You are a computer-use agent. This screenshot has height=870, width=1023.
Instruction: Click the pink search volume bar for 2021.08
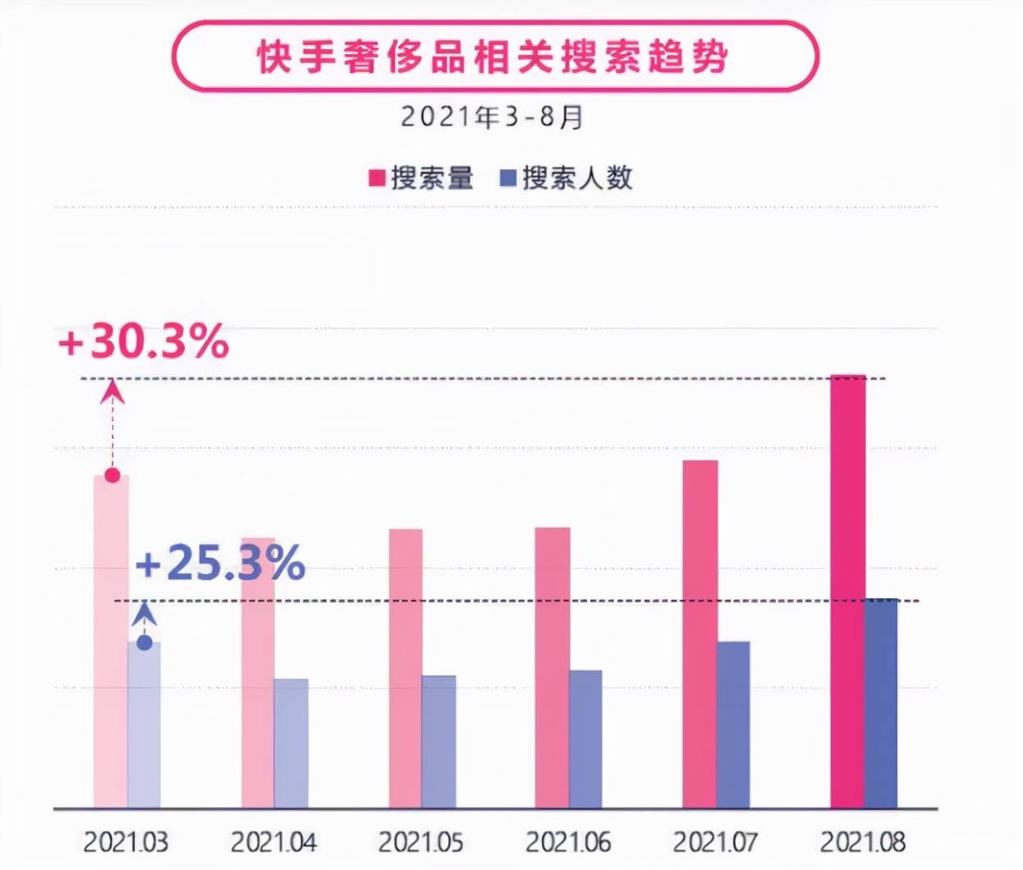[847, 591]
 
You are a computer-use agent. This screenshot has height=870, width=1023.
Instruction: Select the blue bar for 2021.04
[291, 744]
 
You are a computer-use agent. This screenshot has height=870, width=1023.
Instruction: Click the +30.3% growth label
[143, 341]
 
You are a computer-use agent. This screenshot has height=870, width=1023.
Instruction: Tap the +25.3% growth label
[220, 565]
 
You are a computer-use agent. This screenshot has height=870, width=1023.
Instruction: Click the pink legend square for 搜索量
[378, 178]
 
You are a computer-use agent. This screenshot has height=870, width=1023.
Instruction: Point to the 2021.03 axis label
[126, 842]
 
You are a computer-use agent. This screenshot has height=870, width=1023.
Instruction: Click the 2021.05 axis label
[420, 842]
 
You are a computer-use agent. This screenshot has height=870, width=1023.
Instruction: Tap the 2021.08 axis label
[863, 842]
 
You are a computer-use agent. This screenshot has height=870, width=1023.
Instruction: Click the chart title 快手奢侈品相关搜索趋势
[493, 57]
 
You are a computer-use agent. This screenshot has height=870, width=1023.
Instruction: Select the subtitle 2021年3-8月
[493, 117]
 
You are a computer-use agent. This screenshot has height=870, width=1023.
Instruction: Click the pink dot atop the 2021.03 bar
[112, 475]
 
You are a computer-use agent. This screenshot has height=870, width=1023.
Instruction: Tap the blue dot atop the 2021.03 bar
[145, 643]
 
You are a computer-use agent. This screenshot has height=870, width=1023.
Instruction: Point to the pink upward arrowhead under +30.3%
[112, 392]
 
